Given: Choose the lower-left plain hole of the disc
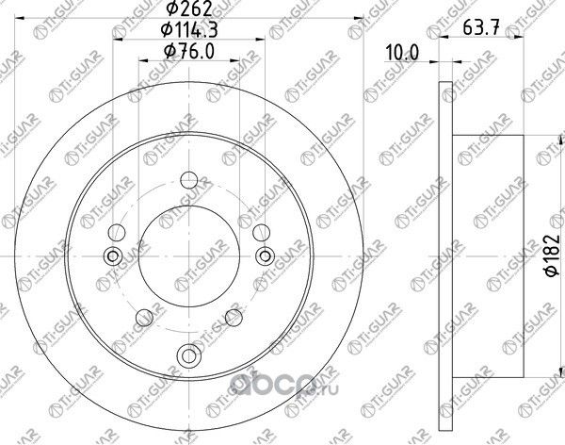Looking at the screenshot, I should [147, 318].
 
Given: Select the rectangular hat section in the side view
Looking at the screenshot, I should [490, 255].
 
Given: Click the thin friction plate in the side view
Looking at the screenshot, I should [444, 255].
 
